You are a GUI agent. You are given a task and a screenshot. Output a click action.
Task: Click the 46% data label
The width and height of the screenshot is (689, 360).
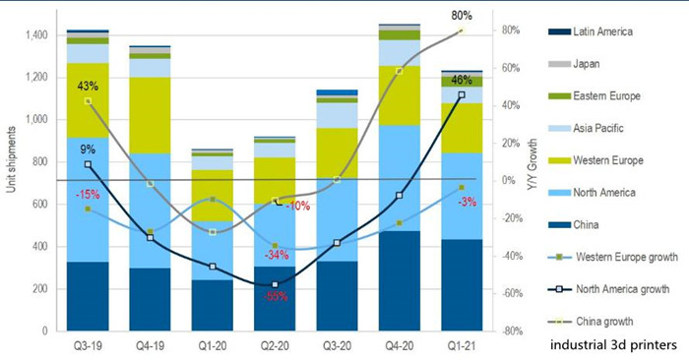(461, 81)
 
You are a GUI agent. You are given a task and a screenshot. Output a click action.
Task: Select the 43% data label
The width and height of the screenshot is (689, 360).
(88, 86)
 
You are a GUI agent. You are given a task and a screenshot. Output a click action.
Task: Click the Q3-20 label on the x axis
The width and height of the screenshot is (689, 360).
(339, 346)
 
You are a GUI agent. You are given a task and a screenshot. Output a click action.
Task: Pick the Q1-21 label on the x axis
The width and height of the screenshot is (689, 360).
(463, 346)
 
